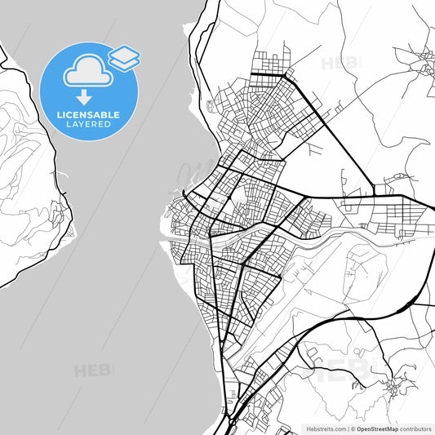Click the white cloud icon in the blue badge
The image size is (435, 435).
[x=85, y=71]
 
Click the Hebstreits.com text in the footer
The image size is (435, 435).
[x=326, y=428]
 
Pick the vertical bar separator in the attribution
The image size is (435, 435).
[x=348, y=428]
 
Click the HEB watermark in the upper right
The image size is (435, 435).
[x=341, y=63]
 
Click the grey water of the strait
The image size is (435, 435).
[x=106, y=245]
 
